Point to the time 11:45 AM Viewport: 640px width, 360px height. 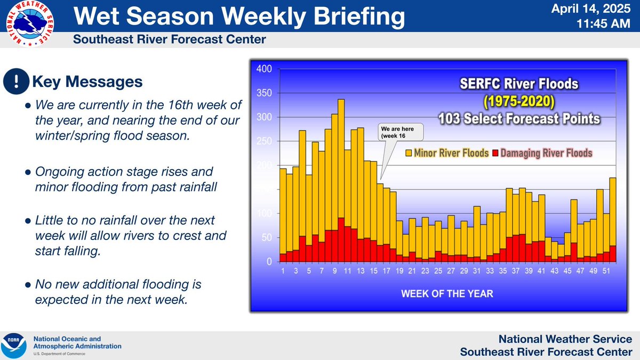(x=604, y=25)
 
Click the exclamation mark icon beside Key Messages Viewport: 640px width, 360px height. (x=17, y=82)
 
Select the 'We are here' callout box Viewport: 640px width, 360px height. (x=400, y=132)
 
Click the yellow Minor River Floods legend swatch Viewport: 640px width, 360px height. (x=409, y=153)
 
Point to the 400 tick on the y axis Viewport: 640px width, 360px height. (x=265, y=69)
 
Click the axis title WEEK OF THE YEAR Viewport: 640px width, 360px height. (x=447, y=293)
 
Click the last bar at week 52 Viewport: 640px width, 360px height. (x=613, y=219)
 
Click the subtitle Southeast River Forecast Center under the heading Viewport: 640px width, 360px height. (x=170, y=40)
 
